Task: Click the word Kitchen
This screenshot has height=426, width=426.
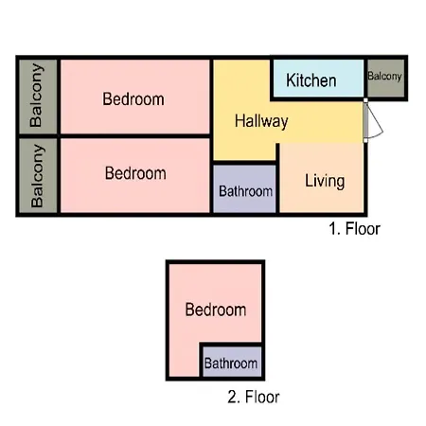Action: (x=311, y=80)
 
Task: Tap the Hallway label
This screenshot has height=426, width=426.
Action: (x=261, y=121)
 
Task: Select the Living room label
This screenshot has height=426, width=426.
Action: (x=325, y=181)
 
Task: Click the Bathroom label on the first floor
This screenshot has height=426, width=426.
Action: (x=245, y=191)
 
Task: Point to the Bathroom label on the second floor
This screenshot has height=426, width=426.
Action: (x=231, y=364)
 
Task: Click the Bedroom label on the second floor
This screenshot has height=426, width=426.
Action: (x=216, y=310)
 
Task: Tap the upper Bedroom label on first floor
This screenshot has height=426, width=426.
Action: (x=133, y=99)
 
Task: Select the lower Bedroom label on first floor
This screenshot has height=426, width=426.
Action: (x=135, y=173)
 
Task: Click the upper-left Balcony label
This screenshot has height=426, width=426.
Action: (x=36, y=96)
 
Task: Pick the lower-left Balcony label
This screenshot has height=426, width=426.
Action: (x=37, y=176)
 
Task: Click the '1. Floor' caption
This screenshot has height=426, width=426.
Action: (x=354, y=228)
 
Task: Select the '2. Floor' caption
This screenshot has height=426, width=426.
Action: (x=254, y=397)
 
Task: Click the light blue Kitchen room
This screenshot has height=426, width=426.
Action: (x=318, y=78)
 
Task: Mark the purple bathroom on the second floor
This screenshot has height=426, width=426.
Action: (x=232, y=362)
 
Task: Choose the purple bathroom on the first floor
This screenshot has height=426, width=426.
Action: (x=244, y=188)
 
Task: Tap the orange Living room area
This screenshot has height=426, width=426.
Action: (x=322, y=178)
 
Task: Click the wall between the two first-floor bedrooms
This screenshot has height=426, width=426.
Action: (x=135, y=136)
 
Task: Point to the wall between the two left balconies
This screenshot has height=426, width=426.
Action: (x=38, y=136)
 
